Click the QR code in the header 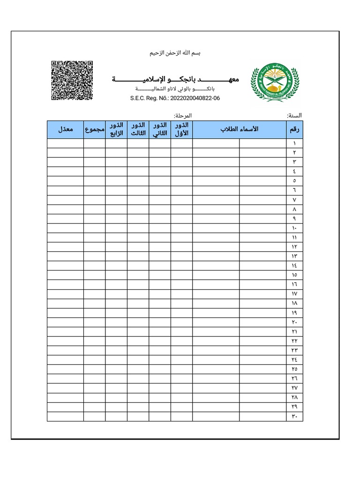[72, 80]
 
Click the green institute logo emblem [275, 82]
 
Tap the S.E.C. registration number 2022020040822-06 [175, 98]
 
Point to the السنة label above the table [294, 115]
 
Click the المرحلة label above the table [182, 115]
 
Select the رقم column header [294, 129]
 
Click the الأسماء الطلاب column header [239, 129]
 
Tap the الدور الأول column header [181, 129]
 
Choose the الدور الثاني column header [160, 129]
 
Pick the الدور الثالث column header [138, 129]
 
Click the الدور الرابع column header [116, 129]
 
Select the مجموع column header [95, 129]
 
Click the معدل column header [65, 129]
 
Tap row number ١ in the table [294, 143]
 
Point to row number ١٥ [294, 275]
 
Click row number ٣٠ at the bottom [294, 417]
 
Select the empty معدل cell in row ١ [65, 143]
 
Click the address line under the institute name [175, 89]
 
